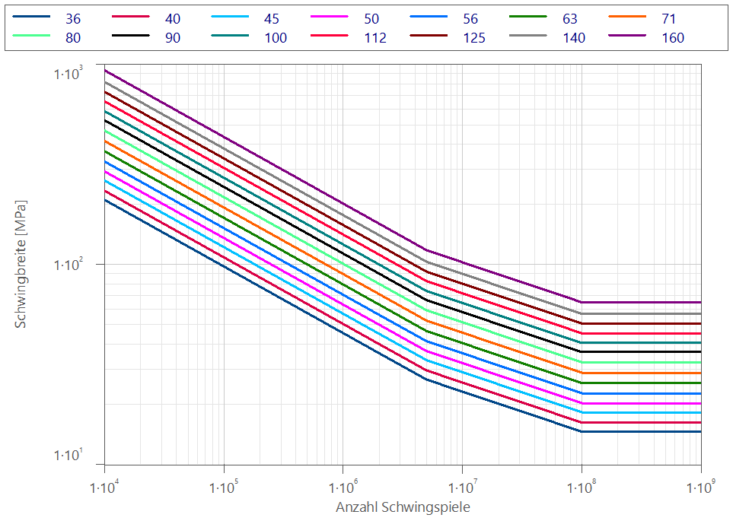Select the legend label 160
click(x=672, y=37)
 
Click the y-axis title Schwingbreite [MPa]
click(x=21, y=264)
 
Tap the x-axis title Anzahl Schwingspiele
click(x=403, y=507)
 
